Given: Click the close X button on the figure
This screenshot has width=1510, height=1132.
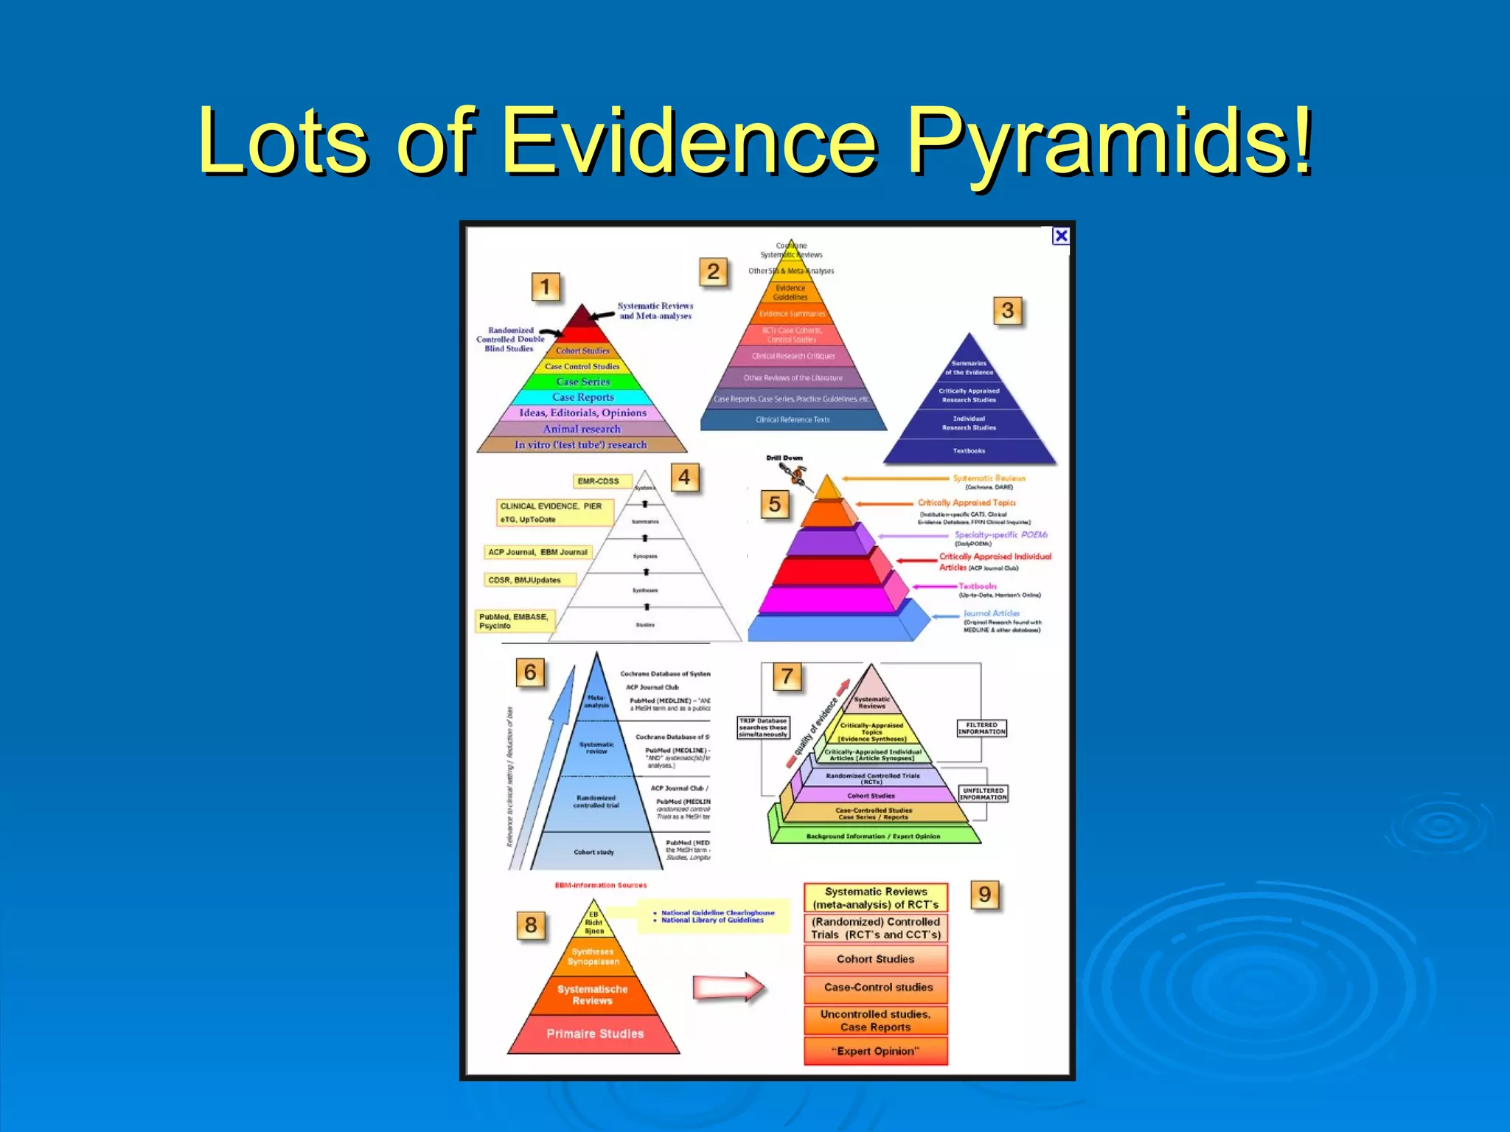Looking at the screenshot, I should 1060,236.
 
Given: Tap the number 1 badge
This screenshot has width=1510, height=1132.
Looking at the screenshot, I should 546,287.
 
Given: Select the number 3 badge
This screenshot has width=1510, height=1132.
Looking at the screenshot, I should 1007,310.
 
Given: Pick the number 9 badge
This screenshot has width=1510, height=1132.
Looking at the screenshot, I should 985,895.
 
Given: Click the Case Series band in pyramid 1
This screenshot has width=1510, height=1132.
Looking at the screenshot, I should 582,382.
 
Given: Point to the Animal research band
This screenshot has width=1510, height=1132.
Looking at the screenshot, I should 582,429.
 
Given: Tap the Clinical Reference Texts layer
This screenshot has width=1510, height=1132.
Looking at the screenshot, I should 793,419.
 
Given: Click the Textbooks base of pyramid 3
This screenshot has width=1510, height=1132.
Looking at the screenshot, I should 969,450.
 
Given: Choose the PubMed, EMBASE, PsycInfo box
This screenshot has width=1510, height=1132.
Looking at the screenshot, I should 514,621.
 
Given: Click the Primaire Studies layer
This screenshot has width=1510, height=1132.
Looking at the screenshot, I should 594,1034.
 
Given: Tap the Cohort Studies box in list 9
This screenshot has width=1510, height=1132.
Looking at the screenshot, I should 875,959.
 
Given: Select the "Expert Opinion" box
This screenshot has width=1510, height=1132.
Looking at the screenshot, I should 875,1051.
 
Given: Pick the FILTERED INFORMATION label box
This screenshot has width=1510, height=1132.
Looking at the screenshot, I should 981,728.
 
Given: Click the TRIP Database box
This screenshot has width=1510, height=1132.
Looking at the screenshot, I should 763,727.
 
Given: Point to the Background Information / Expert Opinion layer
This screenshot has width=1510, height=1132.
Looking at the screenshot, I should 874,836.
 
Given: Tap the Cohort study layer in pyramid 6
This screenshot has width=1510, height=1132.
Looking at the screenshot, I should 594,852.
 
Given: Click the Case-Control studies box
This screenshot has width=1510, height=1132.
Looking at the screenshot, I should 877,987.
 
